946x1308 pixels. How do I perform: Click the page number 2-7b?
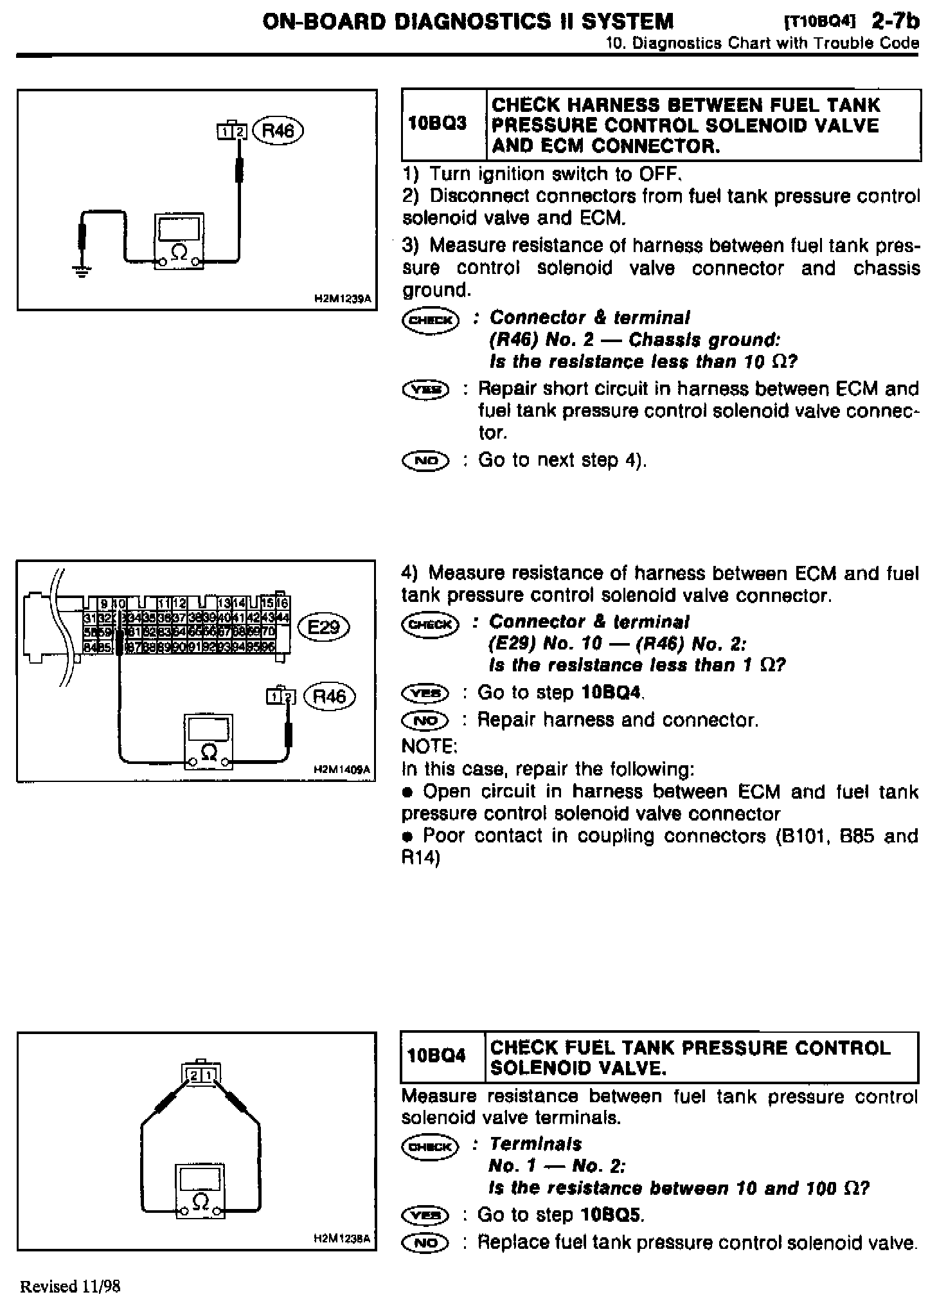pyautogui.click(x=895, y=21)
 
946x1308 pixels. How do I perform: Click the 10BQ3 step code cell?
pyautogui.click(x=443, y=123)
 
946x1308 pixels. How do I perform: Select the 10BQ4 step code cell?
pyautogui.click(x=442, y=1057)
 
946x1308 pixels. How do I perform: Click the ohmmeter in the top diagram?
pyautogui.click(x=179, y=242)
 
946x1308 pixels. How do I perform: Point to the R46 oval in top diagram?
pyautogui.click(x=278, y=131)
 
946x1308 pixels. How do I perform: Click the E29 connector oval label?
pyautogui.click(x=323, y=626)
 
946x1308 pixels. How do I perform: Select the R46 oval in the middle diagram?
pyautogui.click(x=328, y=696)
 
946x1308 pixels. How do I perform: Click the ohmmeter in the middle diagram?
pyautogui.click(x=208, y=741)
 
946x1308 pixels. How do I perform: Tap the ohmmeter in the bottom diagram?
pyautogui.click(x=201, y=1192)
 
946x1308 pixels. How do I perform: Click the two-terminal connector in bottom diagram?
pyautogui.click(x=202, y=1075)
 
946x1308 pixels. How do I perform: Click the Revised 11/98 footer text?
pyautogui.click(x=71, y=1285)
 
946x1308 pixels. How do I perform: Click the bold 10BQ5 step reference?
pyautogui.click(x=611, y=1215)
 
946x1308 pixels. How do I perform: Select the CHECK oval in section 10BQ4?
pyautogui.click(x=429, y=1146)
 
